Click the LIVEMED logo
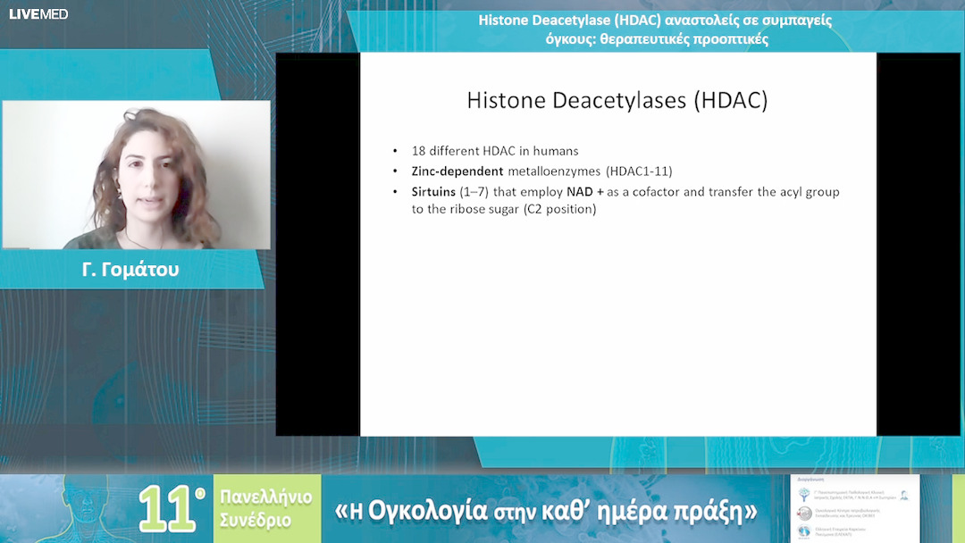tap(38, 14)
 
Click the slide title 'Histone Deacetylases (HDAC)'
tap(617, 100)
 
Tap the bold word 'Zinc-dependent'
tap(457, 171)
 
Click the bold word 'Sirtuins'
tap(433, 192)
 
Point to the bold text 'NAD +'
tap(585, 192)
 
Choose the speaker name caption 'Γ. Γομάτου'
tap(130, 269)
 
